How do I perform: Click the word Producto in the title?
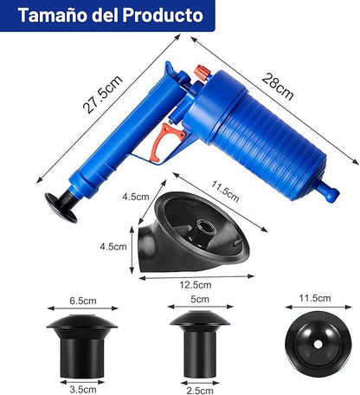(x=163, y=15)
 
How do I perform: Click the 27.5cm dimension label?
(x=102, y=94)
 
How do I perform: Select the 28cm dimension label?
(x=278, y=87)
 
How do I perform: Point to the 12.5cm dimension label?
(x=196, y=285)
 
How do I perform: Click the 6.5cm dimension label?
(x=83, y=301)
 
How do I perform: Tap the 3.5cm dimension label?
(x=83, y=390)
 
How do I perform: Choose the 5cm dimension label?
(x=200, y=300)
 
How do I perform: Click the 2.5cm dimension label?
(x=200, y=391)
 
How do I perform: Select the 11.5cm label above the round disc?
(x=315, y=298)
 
